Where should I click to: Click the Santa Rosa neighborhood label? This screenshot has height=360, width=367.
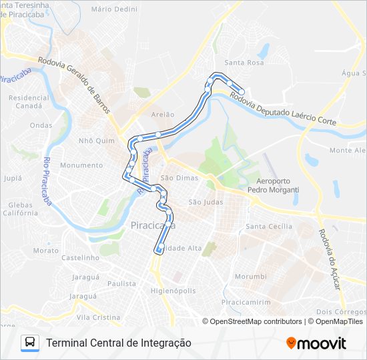click(x=244, y=63)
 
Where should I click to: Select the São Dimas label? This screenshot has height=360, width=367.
click(x=175, y=178)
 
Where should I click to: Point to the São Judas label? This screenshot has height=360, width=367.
click(x=206, y=202)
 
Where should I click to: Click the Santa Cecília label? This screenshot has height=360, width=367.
click(x=269, y=227)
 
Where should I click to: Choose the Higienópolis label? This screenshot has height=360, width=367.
click(x=173, y=291)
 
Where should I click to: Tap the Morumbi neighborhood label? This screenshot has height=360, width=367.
click(x=250, y=276)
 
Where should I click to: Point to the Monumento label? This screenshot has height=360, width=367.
click(x=81, y=165)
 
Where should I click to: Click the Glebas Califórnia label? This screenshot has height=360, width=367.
click(x=20, y=209)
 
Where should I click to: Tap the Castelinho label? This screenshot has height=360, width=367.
click(x=80, y=257)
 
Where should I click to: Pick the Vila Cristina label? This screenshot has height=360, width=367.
click(x=98, y=317)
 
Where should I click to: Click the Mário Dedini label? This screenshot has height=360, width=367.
click(x=114, y=9)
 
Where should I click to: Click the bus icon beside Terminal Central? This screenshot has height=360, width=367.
click(x=30, y=343)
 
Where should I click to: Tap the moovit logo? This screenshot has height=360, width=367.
click(x=316, y=343)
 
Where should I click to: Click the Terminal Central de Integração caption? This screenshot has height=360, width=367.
click(x=119, y=343)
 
